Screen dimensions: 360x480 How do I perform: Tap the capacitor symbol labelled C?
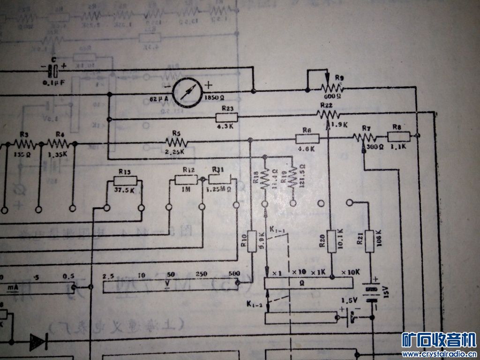[55, 72]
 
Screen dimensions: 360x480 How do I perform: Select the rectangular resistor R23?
[227, 118]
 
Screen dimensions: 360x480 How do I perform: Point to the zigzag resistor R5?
[176, 142]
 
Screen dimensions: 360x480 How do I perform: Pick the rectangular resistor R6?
[307, 138]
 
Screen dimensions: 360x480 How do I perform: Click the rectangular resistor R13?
[125, 181]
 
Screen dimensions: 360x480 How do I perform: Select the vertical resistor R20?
[331, 241]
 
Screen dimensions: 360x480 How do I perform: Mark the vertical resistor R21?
[369, 241]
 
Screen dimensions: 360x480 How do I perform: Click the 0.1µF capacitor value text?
[53, 83]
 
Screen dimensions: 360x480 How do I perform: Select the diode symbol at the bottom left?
[37, 342]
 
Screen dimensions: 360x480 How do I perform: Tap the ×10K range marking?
[350, 272]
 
